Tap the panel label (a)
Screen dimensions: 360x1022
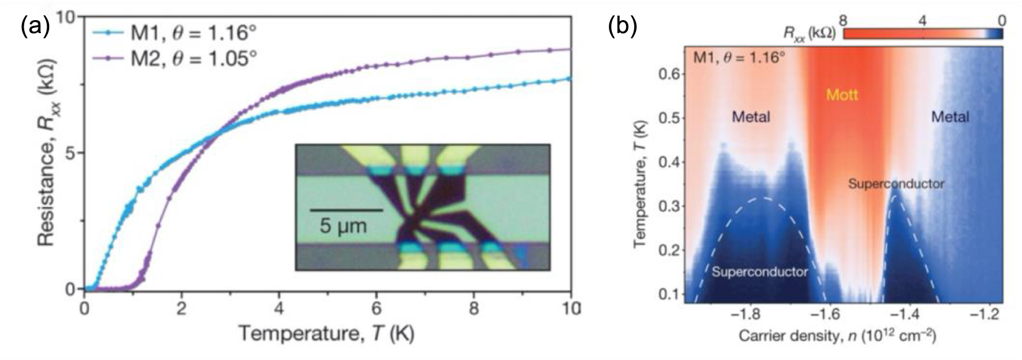pos(34,27)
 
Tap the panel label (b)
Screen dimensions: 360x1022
pos(623,27)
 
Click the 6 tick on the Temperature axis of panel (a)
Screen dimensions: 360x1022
pos(376,308)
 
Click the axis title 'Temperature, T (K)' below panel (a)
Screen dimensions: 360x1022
pos(326,334)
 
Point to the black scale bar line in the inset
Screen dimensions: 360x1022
pos(346,210)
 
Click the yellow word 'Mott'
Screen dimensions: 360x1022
pos(842,95)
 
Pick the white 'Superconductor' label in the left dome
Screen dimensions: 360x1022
pos(760,272)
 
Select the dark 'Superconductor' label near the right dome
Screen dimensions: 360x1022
pos(896,184)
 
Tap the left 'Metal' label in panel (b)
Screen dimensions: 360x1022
pos(751,117)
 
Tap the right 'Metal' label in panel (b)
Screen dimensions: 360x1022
pos(950,117)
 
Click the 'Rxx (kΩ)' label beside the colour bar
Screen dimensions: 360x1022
pos(809,34)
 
